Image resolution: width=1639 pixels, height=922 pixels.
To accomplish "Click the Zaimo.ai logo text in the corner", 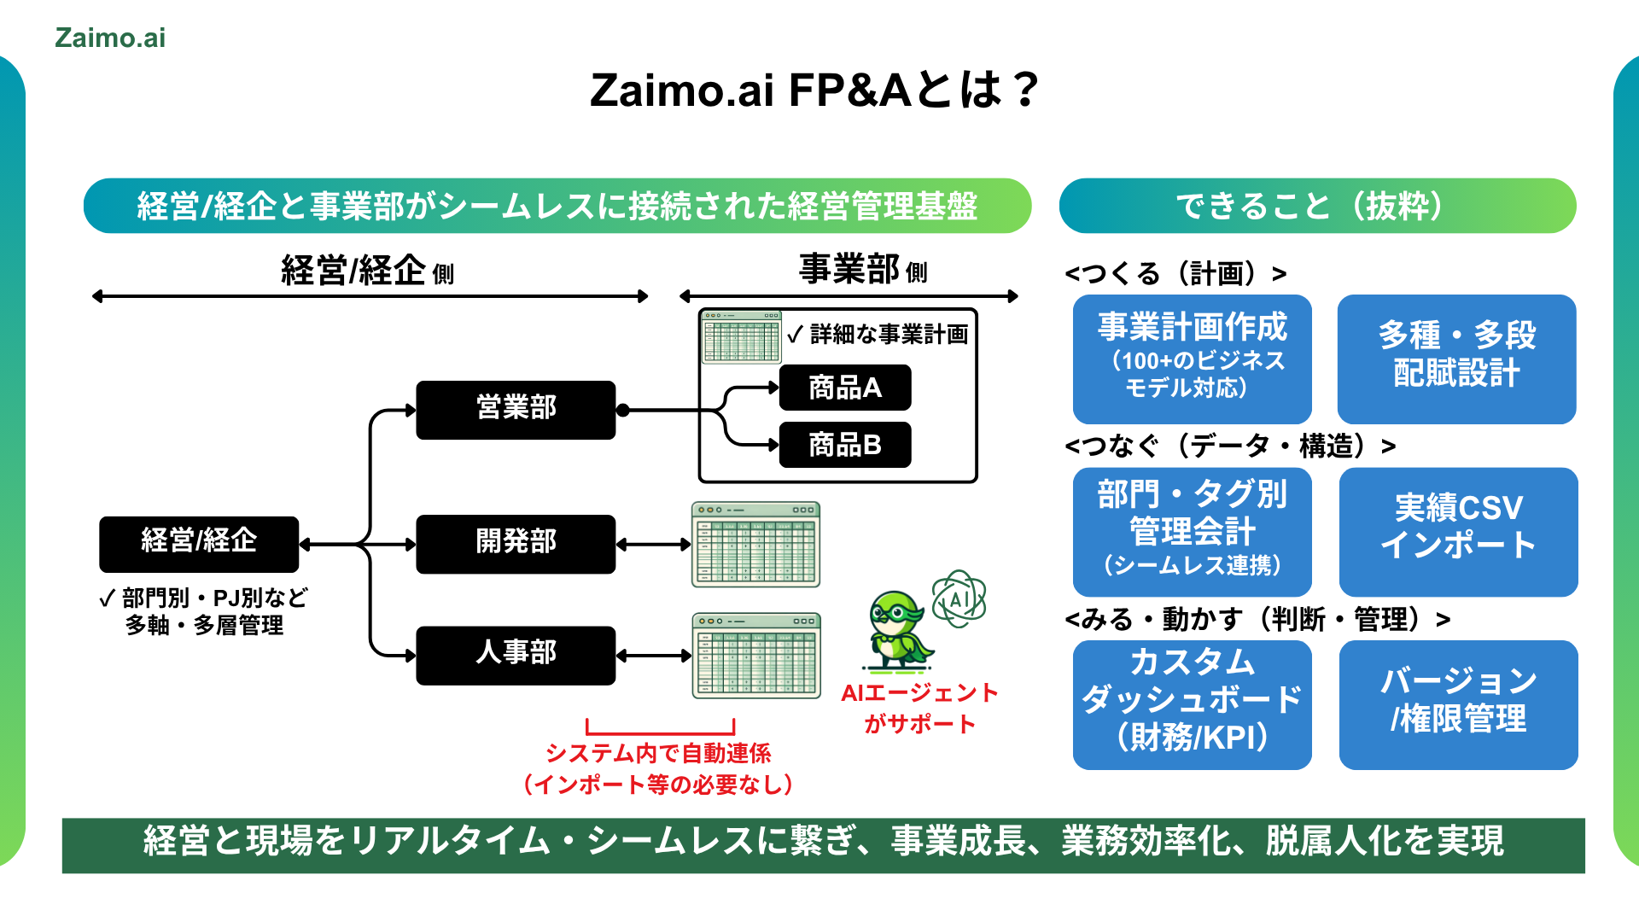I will pos(110,38).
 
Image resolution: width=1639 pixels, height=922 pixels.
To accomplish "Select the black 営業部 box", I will pos(516,410).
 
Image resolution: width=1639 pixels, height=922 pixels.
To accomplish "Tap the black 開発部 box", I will pos(516,543).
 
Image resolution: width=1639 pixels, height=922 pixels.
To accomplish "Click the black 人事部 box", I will pos(516,655).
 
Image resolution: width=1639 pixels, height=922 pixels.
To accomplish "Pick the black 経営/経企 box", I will pos(199,543).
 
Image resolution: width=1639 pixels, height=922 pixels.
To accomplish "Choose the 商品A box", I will pos(845,388).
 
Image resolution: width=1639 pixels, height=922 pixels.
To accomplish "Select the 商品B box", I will pos(845,445).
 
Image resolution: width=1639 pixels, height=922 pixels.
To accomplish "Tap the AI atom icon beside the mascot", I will pos(959,599).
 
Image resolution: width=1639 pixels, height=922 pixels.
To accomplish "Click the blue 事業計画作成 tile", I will pos(1192,359).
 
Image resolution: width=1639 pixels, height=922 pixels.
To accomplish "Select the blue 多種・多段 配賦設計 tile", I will pos(1456,359).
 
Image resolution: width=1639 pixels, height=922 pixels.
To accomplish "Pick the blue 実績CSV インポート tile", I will pos(1458,531).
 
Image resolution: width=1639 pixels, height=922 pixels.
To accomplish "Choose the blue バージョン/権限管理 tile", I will pos(1458,704).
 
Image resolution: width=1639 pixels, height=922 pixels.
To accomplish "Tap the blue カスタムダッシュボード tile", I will pos(1192,704).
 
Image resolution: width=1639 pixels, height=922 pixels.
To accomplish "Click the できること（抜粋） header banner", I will pos(1317,206).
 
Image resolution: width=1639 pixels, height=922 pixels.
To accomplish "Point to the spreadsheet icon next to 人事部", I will pos(755,655).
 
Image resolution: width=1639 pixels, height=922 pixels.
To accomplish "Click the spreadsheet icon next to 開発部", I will pos(755,545).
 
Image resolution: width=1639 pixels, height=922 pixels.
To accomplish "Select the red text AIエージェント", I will pos(919,693).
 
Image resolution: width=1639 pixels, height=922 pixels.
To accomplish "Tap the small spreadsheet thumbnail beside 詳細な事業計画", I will pos(741,337).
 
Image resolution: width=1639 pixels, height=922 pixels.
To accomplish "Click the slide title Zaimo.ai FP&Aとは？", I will pos(815,90).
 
